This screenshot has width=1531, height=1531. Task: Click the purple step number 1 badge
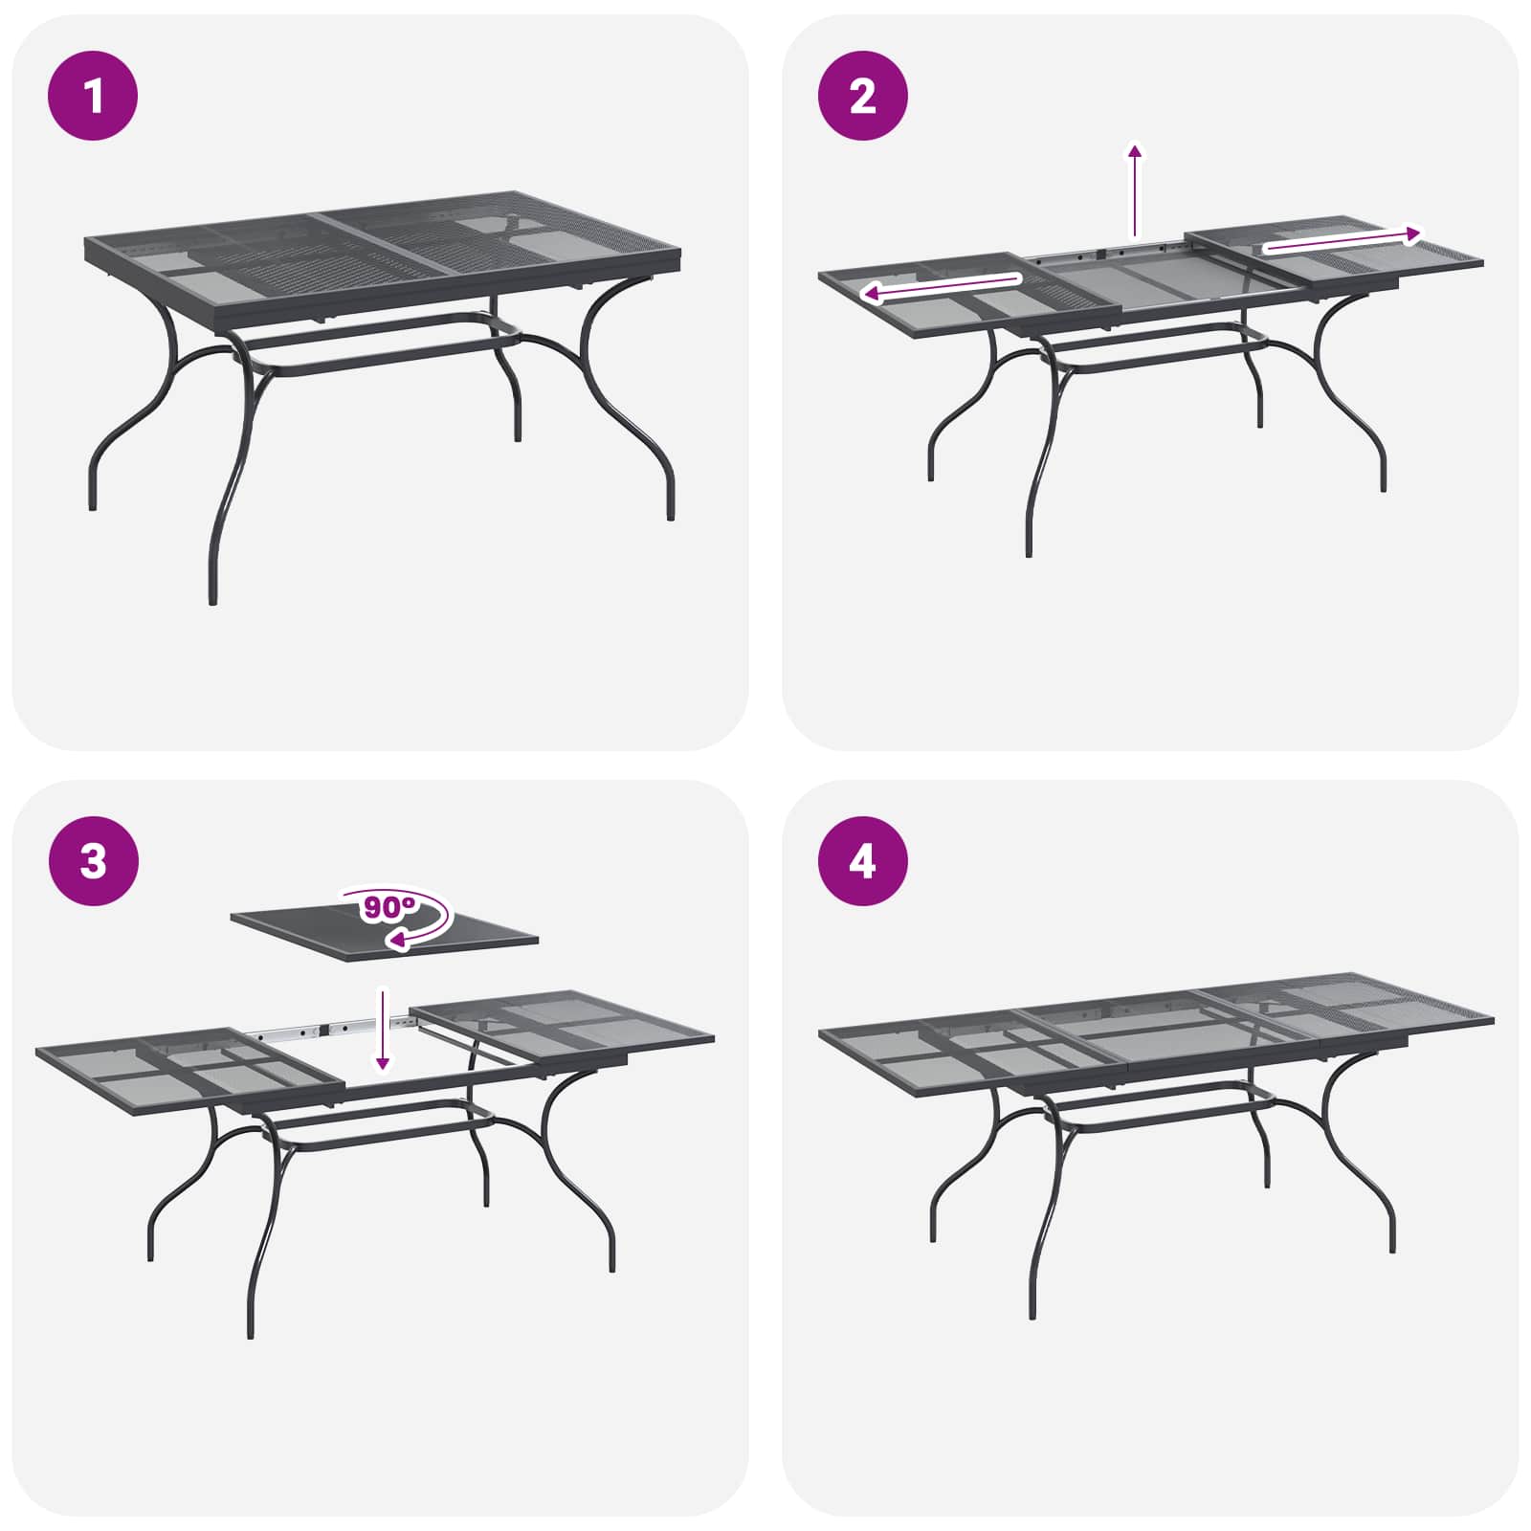coord(93,96)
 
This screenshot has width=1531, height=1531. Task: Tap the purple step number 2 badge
coord(862,96)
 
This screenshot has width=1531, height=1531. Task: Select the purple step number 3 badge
coord(93,861)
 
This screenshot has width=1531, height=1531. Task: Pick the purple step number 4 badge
coord(862,861)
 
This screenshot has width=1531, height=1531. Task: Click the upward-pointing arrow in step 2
coord(1135,189)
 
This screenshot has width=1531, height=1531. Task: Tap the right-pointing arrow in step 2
coord(1342,240)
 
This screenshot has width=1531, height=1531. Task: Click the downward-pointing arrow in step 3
coord(383,1030)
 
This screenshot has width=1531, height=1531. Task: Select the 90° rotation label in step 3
coord(388,906)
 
